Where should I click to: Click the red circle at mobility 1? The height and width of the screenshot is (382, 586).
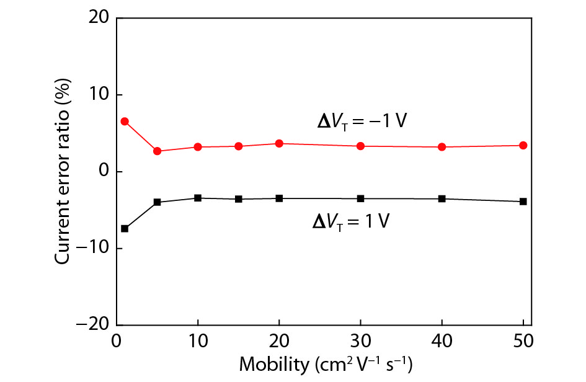click(x=125, y=122)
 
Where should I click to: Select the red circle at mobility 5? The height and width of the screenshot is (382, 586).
click(x=157, y=151)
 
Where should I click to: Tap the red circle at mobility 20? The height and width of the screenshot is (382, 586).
click(x=279, y=143)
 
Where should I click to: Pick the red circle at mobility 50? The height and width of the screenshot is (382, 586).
click(x=523, y=145)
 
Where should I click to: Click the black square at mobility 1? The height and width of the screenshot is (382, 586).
click(x=125, y=228)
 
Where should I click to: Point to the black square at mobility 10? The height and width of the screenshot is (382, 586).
click(x=198, y=198)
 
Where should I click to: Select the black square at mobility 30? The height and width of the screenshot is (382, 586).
click(x=360, y=198)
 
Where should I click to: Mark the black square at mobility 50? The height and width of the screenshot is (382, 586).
click(x=523, y=202)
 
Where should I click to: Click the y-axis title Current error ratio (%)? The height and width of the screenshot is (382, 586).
click(x=63, y=171)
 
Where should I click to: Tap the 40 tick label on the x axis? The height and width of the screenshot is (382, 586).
click(x=442, y=340)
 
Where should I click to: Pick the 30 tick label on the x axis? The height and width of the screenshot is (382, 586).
click(x=360, y=340)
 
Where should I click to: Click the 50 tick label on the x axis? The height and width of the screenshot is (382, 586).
click(x=523, y=340)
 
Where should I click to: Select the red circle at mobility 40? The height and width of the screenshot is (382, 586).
click(x=442, y=147)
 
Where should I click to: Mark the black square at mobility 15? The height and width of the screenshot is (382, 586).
click(x=239, y=199)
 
